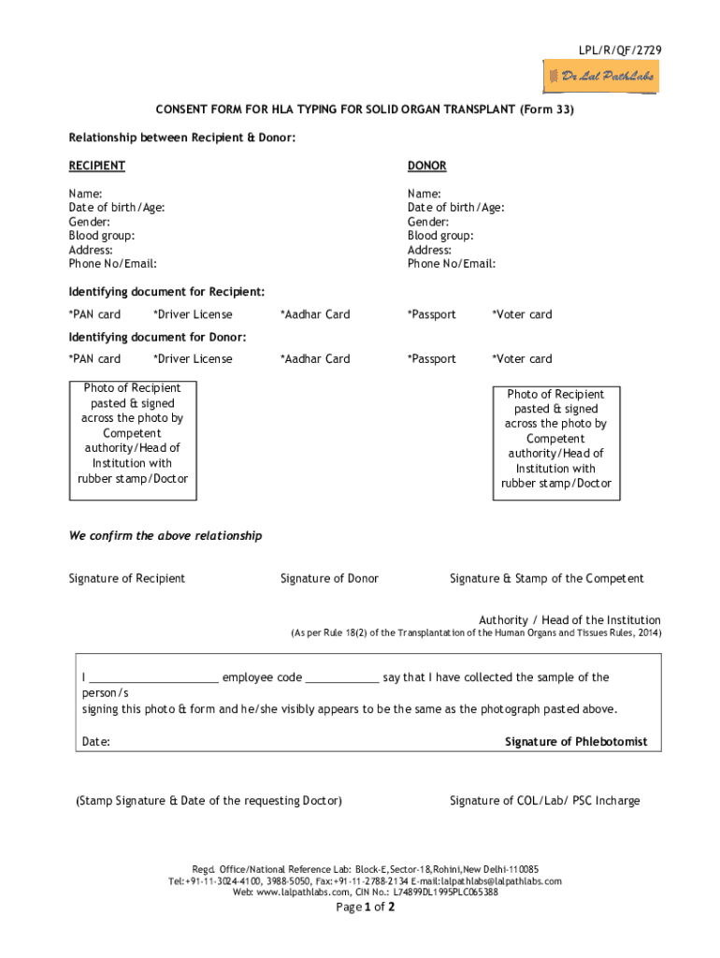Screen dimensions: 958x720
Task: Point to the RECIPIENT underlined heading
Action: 97,166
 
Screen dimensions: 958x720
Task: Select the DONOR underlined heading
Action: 426,166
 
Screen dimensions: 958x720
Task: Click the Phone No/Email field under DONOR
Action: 451,264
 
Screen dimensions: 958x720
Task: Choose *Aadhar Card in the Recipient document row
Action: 315,314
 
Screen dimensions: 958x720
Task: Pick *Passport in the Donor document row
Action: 431,359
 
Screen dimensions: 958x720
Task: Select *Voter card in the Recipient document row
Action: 522,314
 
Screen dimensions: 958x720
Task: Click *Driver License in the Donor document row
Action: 193,359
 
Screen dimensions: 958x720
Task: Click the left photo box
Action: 132,433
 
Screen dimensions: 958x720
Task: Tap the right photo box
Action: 555,439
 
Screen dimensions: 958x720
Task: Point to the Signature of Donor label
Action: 329,578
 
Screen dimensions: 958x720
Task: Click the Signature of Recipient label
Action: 126,578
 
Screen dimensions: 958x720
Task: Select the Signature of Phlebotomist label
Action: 576,742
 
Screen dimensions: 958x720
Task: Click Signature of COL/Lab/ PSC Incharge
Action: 544,801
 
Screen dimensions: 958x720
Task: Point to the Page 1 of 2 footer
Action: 365,907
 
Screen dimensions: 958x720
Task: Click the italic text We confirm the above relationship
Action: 166,536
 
